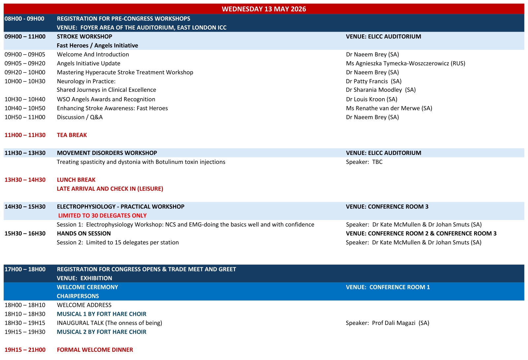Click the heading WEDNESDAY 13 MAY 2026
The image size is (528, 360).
pyautogui.click(x=264, y=9)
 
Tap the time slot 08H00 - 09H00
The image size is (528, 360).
pyautogui.click(x=24, y=19)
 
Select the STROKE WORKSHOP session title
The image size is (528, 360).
pyautogui.click(x=84, y=37)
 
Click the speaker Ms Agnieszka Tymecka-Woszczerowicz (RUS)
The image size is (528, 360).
pyautogui.click(x=406, y=63)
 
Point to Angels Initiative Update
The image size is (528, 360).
pyautogui.click(x=88, y=63)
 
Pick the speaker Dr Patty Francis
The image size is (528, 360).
pyautogui.click(x=374, y=81)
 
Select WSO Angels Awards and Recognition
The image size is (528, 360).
pyautogui.click(x=106, y=99)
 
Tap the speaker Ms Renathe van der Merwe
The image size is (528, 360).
pyautogui.click(x=389, y=108)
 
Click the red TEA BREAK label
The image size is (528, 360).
pyautogui.click(x=72, y=135)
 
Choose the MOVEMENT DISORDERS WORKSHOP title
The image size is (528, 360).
pyautogui.click(x=107, y=153)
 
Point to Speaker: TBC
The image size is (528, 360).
pyautogui.click(x=364, y=162)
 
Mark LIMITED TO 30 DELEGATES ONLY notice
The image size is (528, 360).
pyautogui.click(x=102, y=216)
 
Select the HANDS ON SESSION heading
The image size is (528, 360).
pyautogui.click(x=84, y=234)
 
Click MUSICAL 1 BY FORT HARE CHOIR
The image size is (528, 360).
pyautogui.click(x=102, y=314)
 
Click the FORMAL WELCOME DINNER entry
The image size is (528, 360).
pyautogui.click(x=95, y=350)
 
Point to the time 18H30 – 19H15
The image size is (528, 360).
pyautogui.click(x=25, y=323)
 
